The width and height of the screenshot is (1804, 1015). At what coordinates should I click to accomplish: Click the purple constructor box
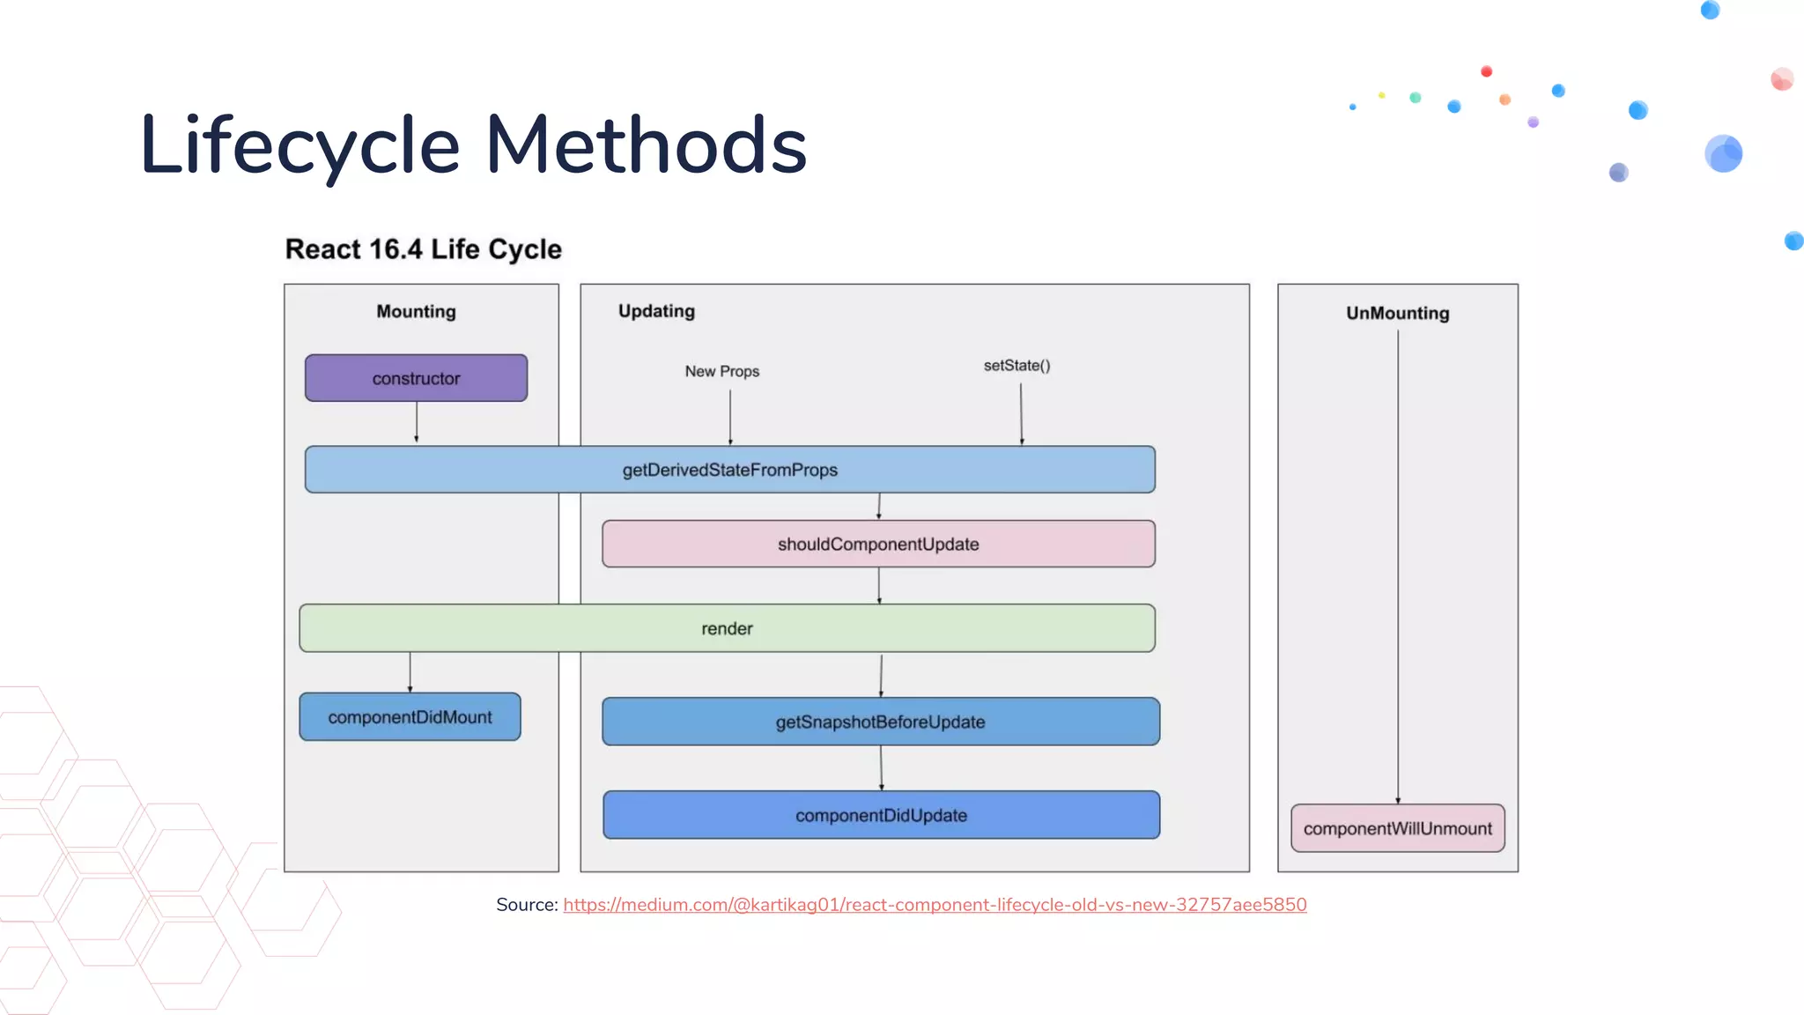416,378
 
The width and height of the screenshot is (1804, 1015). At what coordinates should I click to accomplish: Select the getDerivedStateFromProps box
729,470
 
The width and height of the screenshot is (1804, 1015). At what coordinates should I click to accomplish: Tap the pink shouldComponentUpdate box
878,544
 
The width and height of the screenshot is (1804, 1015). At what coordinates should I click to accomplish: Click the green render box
727,628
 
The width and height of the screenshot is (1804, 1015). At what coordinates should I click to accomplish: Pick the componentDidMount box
410,717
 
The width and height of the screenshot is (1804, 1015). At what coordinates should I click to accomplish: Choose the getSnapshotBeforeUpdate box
880,722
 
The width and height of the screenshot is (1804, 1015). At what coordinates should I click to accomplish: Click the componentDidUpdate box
881,815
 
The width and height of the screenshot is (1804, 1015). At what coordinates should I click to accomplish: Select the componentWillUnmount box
1397,828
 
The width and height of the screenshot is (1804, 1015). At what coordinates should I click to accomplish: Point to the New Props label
721,371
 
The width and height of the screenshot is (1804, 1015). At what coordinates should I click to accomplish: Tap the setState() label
1017,365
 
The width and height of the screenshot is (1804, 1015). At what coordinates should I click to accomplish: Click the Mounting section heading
416,311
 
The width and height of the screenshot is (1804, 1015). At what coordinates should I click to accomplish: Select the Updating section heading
656,311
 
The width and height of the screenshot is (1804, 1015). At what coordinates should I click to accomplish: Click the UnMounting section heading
1397,313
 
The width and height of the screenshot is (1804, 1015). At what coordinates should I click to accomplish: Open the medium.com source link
935,905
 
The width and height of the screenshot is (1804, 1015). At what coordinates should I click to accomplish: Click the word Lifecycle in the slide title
299,145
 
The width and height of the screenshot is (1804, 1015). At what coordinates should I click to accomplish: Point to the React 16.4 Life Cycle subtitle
423,249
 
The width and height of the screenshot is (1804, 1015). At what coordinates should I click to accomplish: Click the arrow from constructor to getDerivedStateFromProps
417,423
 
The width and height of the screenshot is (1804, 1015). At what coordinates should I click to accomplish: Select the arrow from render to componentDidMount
410,672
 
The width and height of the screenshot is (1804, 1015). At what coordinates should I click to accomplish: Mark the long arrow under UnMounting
1398,564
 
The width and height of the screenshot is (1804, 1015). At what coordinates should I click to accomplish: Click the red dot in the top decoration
1486,71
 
